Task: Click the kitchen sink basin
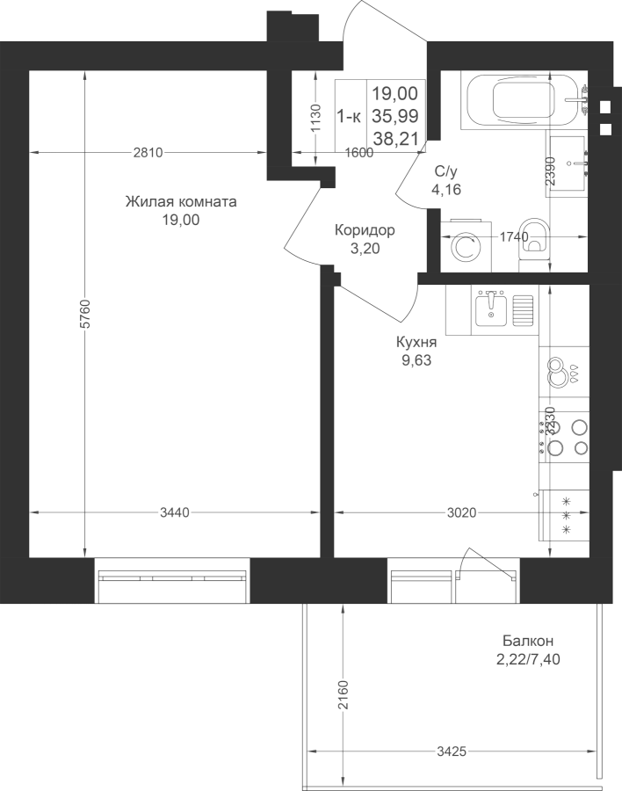(x=491, y=308)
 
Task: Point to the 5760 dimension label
(x=86, y=314)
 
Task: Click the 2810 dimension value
(x=148, y=152)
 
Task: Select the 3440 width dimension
(x=175, y=512)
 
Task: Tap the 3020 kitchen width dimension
(x=461, y=512)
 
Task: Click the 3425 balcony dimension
(x=452, y=751)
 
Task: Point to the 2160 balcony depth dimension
(x=344, y=695)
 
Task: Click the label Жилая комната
(x=181, y=202)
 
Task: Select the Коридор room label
(x=365, y=230)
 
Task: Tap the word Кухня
(x=416, y=343)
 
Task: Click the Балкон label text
(x=528, y=641)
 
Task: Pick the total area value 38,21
(x=396, y=139)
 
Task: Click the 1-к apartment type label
(x=349, y=117)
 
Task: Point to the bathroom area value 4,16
(x=446, y=190)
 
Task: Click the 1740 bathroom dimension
(x=514, y=236)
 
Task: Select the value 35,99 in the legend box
(x=395, y=116)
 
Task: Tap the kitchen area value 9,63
(x=416, y=360)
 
